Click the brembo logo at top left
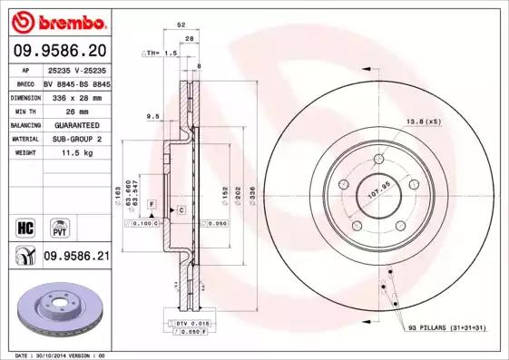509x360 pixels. (x=59, y=20)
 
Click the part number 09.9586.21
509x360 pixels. (x=76, y=257)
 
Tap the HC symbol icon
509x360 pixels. (x=24, y=225)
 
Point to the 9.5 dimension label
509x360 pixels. (x=153, y=115)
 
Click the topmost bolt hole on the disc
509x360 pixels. (x=375, y=162)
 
